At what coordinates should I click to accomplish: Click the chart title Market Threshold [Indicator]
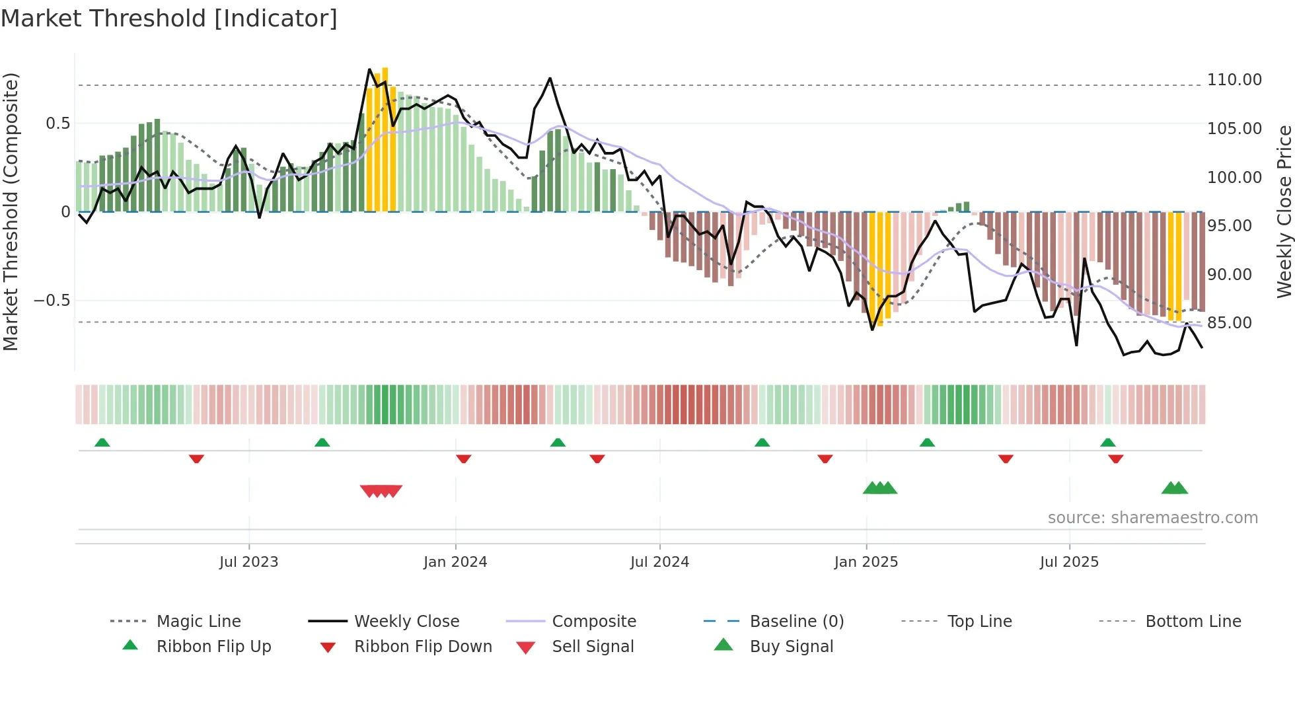(x=169, y=18)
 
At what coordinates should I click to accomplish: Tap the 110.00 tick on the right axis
(x=1234, y=80)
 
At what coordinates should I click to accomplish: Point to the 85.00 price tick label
(x=1229, y=323)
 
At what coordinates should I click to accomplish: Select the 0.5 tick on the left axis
(x=57, y=124)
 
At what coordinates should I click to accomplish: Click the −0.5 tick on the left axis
(x=52, y=301)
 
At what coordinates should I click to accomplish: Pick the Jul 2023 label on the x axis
(x=248, y=562)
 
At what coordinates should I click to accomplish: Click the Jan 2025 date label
(x=866, y=562)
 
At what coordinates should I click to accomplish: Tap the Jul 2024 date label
(x=659, y=562)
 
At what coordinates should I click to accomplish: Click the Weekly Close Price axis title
(x=1284, y=211)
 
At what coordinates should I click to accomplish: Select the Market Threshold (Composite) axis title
(x=11, y=211)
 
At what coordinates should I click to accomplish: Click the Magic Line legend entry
(x=198, y=622)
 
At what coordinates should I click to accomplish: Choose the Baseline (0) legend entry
(x=796, y=622)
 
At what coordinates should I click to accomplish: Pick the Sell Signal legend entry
(x=593, y=647)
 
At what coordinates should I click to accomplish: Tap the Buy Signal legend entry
(x=791, y=647)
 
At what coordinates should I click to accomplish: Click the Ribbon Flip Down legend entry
(x=423, y=647)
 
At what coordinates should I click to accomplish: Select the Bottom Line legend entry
(x=1193, y=622)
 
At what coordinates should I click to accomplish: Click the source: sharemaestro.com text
(x=1152, y=518)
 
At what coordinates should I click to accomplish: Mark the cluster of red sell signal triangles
(x=381, y=491)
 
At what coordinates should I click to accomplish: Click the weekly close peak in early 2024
(x=550, y=79)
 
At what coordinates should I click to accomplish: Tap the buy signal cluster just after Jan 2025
(x=880, y=488)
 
